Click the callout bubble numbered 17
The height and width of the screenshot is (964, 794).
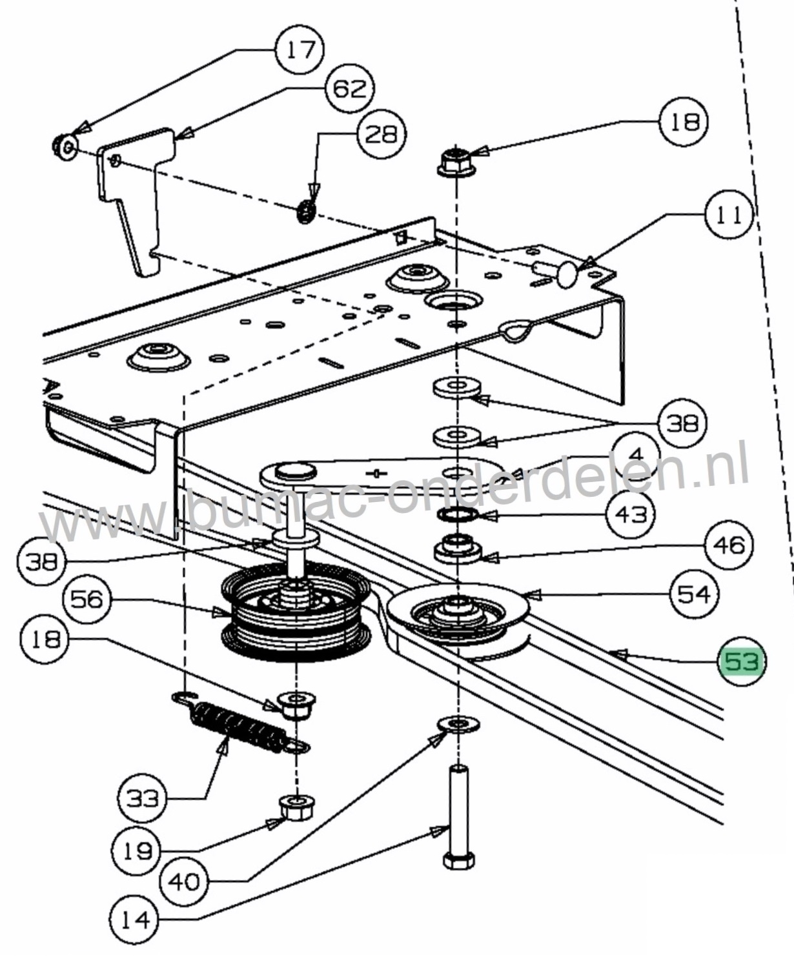click(300, 50)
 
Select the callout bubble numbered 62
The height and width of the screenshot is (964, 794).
click(350, 88)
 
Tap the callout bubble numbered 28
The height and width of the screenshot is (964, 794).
click(380, 134)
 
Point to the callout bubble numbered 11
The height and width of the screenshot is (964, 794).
click(729, 214)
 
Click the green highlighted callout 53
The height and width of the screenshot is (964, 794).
click(742, 661)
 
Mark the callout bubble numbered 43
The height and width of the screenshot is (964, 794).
click(631, 514)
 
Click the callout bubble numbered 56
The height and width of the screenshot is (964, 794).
click(87, 599)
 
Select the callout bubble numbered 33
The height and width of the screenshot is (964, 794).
click(142, 799)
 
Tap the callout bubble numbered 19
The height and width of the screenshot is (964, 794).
click(137, 851)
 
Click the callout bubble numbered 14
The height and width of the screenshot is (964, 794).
click(136, 919)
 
